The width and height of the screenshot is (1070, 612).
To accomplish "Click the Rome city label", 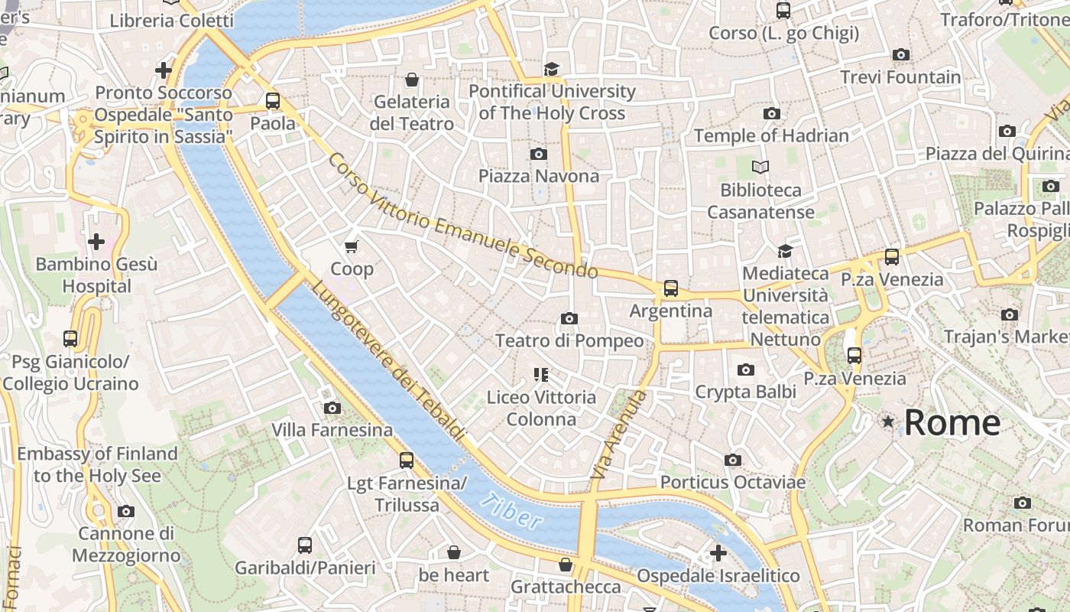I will (952, 422).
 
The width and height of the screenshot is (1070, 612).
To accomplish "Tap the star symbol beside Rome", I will (888, 422).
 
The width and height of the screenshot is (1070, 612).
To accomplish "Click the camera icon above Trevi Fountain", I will (901, 54).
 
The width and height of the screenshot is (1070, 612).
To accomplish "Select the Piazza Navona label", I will (539, 176).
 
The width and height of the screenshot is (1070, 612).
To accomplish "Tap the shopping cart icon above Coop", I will (352, 246).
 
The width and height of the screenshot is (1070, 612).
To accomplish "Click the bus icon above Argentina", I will (670, 288).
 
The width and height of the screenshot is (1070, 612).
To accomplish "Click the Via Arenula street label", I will (618, 435).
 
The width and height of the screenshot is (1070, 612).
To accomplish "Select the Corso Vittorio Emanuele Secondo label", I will (462, 217).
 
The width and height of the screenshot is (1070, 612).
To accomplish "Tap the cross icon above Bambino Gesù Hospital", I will (96, 243).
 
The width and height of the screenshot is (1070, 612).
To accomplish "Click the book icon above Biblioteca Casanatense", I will (760, 167).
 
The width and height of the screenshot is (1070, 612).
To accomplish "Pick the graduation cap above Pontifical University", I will (552, 69).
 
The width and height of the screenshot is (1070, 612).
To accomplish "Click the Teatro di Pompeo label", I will (569, 340).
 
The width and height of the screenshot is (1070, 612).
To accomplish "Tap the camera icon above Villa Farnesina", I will (332, 408).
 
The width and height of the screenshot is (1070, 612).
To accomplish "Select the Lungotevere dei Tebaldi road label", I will (388, 362).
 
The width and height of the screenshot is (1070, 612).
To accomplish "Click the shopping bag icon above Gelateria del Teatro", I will (412, 80).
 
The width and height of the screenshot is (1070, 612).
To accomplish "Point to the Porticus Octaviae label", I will (732, 482).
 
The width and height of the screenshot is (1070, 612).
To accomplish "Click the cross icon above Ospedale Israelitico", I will (718, 552).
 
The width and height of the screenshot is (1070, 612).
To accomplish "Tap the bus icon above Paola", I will (273, 100).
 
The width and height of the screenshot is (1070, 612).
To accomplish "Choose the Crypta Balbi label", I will (745, 392).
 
